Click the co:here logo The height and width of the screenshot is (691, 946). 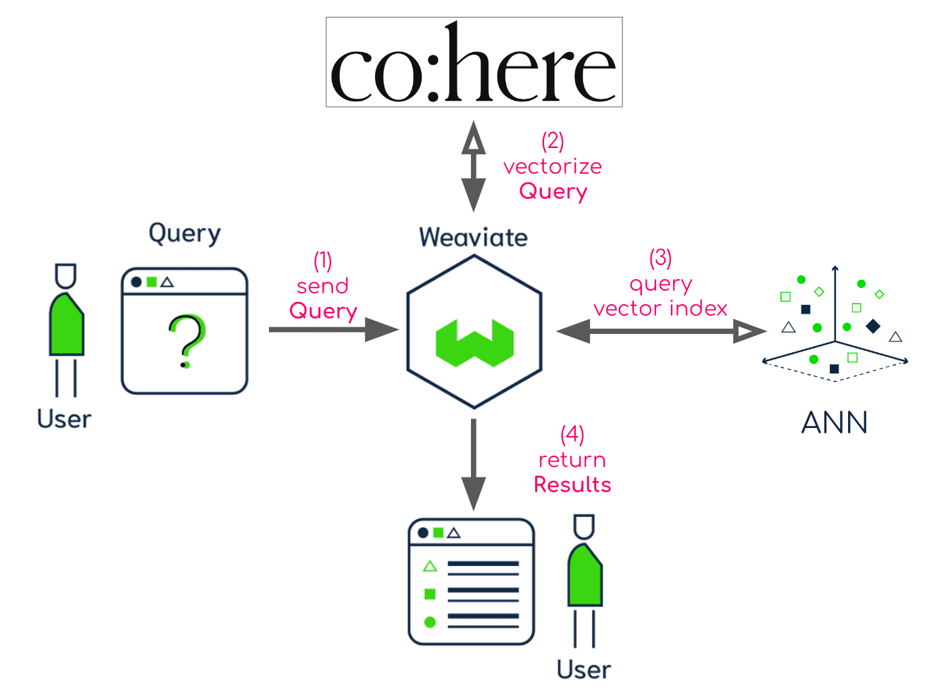coord(474,62)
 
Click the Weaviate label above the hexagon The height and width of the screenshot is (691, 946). coord(473,238)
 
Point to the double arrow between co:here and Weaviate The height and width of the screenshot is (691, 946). coord(474,166)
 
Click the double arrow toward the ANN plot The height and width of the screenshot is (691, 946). coord(660,331)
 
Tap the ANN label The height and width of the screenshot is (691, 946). coord(835,423)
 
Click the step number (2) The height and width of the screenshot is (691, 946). coord(553,141)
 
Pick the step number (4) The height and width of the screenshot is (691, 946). coord(572,434)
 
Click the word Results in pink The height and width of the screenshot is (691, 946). coord(572,485)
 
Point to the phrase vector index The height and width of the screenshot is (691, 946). coord(660,309)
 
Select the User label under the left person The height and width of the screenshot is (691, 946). coord(64,419)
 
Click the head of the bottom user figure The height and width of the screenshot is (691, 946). coord(584,527)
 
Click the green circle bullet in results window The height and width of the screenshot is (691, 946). coord(430,622)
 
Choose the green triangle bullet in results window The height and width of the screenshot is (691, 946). coord(430,567)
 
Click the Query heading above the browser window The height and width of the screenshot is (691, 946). coord(184,233)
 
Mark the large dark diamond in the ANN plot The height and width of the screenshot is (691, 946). coord(873,326)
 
